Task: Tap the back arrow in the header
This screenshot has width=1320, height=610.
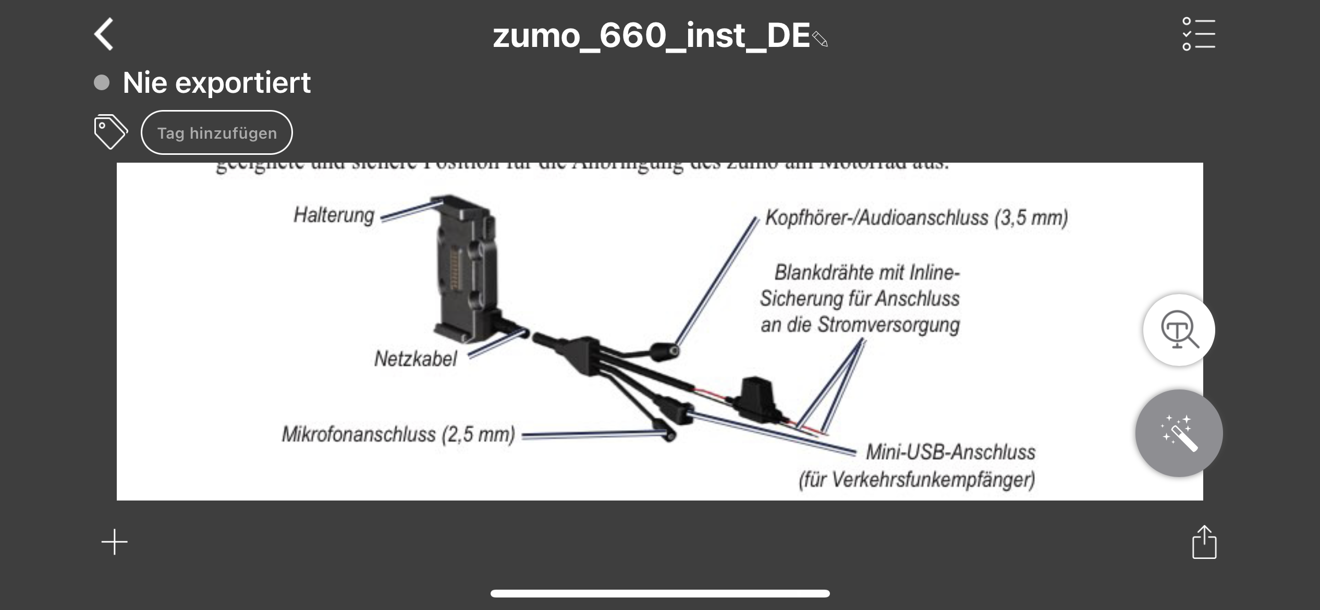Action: (x=104, y=34)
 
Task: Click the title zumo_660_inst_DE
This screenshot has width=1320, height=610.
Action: (x=651, y=35)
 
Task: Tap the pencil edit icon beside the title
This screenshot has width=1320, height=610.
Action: (x=820, y=39)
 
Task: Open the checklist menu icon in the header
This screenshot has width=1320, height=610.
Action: (x=1198, y=34)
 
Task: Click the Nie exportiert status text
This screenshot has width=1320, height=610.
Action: (x=216, y=82)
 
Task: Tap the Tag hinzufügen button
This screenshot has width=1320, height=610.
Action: (x=216, y=133)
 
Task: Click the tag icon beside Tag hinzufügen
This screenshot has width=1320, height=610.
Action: (x=110, y=132)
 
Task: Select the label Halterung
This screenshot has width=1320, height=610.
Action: (x=334, y=215)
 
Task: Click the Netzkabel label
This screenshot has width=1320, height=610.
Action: (x=415, y=359)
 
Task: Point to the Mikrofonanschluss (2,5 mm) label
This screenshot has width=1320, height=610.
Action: (x=398, y=434)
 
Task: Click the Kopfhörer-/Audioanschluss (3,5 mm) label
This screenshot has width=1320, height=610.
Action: (x=916, y=217)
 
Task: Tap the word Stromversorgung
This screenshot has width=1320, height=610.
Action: (x=888, y=324)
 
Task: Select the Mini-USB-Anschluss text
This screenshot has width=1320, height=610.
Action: (x=950, y=452)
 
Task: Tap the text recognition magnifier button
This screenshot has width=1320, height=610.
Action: (x=1179, y=330)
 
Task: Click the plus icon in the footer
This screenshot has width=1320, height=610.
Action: (x=114, y=542)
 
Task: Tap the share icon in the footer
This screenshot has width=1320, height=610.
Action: (x=1204, y=542)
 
